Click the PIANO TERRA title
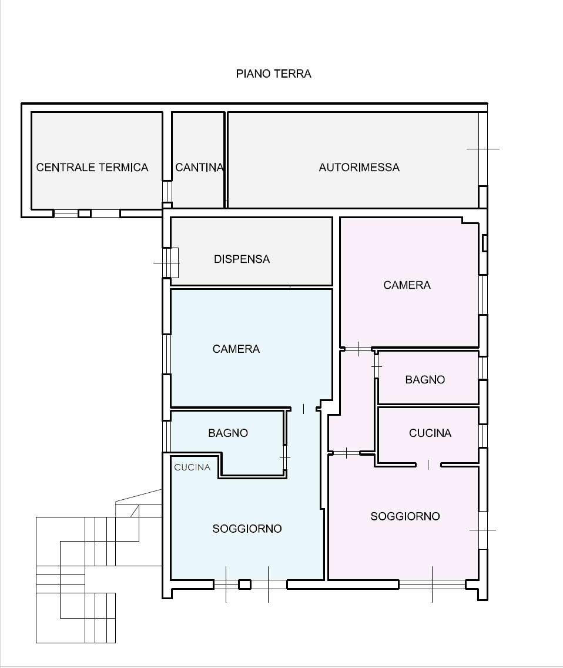273,74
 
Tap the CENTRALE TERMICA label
92,168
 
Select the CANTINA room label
199,168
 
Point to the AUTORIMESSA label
359,168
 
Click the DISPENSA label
242,259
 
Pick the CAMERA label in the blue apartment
236,349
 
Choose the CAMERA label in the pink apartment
407,285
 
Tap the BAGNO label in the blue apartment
228,433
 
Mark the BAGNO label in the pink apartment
425,380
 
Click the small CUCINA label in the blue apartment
192,467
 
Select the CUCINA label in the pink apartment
430,433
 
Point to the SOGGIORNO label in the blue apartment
247,529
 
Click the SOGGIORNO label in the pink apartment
405,516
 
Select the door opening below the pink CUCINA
428,465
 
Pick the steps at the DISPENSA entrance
172,263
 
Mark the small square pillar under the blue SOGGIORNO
244,584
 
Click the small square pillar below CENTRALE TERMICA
85,213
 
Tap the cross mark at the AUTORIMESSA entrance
483,149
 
